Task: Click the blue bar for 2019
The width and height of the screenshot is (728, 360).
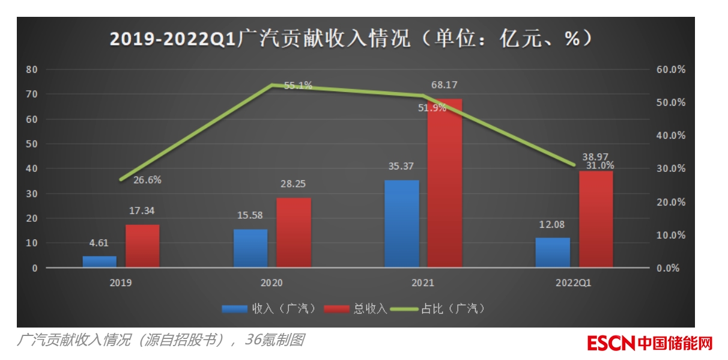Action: (100, 261)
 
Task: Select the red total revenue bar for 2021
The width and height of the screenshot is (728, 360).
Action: (445, 183)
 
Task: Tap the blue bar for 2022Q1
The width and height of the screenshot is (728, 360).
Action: (553, 252)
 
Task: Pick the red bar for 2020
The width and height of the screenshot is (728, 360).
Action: (294, 232)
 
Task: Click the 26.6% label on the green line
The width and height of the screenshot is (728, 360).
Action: (147, 180)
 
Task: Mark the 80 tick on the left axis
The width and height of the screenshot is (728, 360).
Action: (32, 69)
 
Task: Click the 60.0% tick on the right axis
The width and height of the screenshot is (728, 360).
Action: (670, 69)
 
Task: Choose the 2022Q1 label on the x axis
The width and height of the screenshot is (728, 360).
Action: (574, 282)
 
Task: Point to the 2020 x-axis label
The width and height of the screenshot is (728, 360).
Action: (271, 282)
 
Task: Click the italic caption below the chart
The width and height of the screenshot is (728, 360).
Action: (160, 341)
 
